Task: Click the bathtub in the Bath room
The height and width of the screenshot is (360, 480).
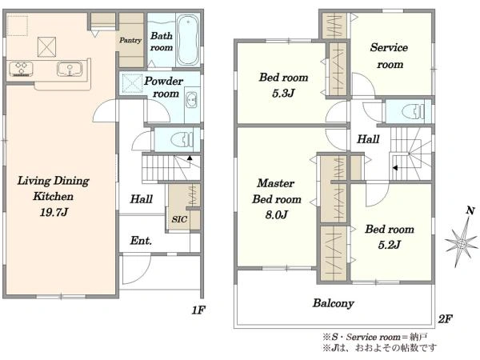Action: click(188, 40)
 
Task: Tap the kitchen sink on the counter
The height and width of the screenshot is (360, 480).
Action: click(70, 69)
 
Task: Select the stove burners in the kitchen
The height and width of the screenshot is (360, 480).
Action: click(21, 69)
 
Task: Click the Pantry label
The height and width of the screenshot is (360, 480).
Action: click(130, 40)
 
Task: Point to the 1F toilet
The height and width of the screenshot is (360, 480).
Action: click(182, 140)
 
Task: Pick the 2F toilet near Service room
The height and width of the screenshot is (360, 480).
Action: click(413, 111)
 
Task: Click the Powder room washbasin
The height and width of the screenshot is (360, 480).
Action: click(192, 100)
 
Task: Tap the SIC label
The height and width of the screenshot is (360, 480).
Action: click(179, 219)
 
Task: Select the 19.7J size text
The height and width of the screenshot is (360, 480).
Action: click(54, 212)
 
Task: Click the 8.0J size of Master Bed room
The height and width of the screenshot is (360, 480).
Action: click(277, 214)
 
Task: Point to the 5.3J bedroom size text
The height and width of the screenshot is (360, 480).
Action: click(283, 93)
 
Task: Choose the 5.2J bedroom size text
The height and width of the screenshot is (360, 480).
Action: click(390, 245)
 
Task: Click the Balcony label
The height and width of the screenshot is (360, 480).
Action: click(334, 303)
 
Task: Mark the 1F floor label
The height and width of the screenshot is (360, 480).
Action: click(198, 310)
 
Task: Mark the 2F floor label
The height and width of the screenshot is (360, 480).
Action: click(446, 319)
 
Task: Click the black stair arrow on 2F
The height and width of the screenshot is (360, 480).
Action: click(395, 168)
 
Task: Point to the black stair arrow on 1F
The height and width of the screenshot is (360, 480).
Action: click(190, 158)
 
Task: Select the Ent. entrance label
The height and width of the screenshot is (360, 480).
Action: click(141, 241)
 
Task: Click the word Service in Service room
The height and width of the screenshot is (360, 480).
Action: click(389, 47)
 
